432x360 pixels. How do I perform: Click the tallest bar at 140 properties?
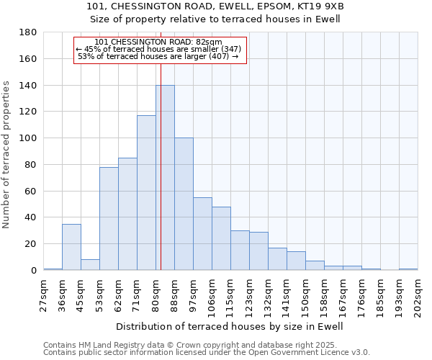[x=165, y=178]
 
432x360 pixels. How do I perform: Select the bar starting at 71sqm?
[x=146, y=193]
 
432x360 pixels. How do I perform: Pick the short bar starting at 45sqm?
[x=90, y=264]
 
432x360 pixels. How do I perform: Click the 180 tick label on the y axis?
[x=27, y=32]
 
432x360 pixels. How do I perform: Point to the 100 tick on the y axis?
[x=27, y=138]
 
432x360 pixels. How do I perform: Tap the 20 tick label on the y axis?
[x=30, y=244]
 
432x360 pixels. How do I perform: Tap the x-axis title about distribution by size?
[x=230, y=326]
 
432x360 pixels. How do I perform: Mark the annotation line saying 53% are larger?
[x=158, y=56]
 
